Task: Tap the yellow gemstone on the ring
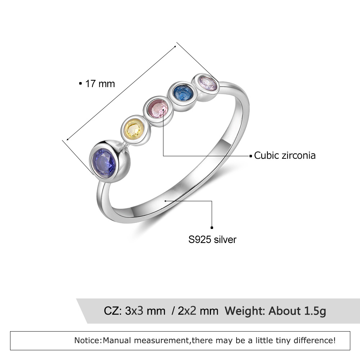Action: (134, 129)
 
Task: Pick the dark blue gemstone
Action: (182, 93)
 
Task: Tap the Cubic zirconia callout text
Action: (285, 156)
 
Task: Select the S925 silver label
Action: (212, 239)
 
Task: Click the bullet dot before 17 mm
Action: (80, 84)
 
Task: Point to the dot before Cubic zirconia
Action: (251, 156)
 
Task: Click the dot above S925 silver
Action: (212, 228)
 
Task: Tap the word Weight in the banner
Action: (246, 311)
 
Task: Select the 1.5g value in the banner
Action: (313, 311)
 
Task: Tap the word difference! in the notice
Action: (317, 340)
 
